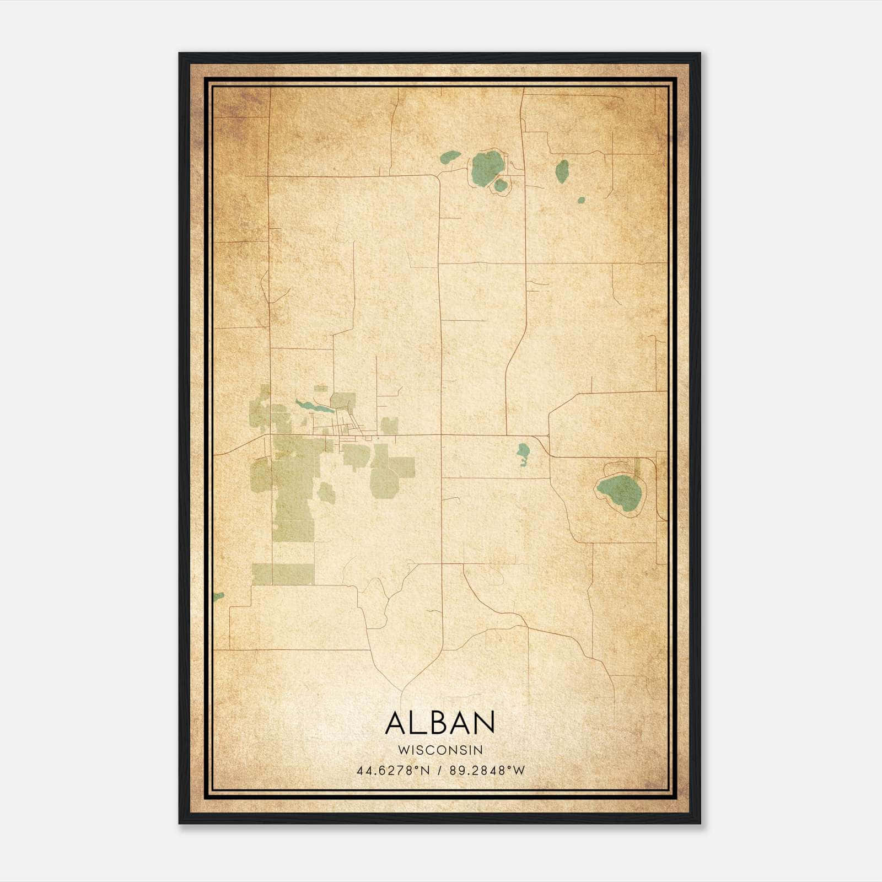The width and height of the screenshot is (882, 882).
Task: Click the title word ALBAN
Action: coord(440,723)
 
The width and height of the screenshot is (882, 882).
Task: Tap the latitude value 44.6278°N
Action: coord(393,770)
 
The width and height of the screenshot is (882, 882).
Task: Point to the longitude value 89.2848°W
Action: coord(487,770)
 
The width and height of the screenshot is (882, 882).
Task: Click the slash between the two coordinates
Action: coord(440,770)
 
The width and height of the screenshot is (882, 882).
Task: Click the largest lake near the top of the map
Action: coord(486,166)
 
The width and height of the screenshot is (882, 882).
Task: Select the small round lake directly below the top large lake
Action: coord(500,185)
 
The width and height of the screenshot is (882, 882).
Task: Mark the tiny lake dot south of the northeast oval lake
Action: coord(580,200)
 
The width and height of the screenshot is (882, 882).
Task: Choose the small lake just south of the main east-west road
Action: coord(522,454)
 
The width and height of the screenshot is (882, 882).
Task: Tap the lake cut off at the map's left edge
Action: coord(219,596)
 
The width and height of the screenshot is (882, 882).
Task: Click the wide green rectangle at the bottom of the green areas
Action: coord(283,574)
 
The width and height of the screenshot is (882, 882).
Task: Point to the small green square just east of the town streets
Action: coord(390,425)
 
